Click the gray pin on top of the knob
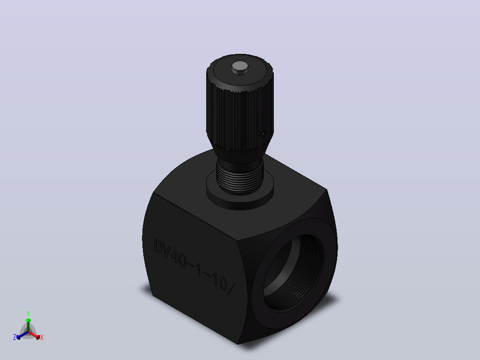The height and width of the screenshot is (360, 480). coord(240,67)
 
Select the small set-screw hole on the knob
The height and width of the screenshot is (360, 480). coord(263,134)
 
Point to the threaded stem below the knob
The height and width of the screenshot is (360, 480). coord(240,178)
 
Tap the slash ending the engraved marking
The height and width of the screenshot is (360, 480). coord(232,288)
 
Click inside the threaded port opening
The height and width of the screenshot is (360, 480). coord(293,273)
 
